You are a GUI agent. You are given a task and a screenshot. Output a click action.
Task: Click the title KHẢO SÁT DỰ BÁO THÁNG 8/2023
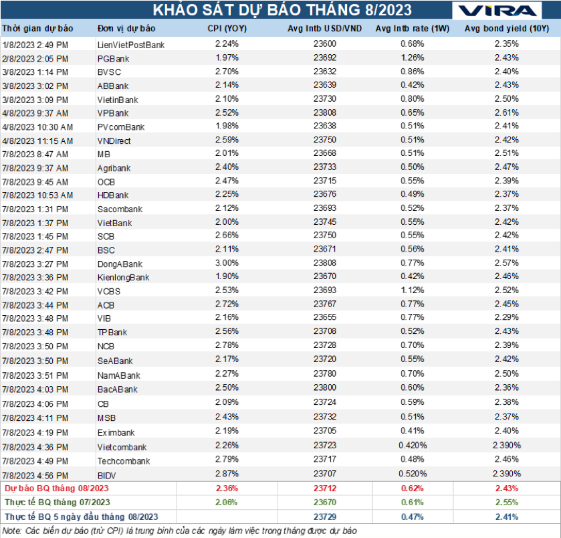[x=282, y=11]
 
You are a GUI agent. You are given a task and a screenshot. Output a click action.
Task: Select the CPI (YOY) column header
[x=227, y=29]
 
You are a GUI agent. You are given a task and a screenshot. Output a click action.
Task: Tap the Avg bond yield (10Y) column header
[x=506, y=29]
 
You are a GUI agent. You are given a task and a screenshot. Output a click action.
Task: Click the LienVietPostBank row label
[x=130, y=44]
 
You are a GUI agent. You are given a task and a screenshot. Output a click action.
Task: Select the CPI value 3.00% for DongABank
[x=227, y=264]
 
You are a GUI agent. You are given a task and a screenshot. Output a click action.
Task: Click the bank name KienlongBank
[x=123, y=277]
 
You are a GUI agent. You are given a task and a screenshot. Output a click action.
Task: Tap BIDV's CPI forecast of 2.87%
[x=227, y=474]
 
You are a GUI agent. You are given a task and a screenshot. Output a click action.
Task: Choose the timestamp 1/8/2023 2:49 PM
[x=35, y=44]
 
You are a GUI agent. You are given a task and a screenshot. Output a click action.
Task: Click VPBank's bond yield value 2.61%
[x=506, y=113]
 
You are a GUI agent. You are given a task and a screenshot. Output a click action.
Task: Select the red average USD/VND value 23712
[x=324, y=488]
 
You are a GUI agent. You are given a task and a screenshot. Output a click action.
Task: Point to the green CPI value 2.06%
[x=227, y=503]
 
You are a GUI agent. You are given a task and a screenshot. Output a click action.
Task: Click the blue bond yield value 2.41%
[x=506, y=517]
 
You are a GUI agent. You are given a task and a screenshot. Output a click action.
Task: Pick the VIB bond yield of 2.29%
[x=506, y=318]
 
